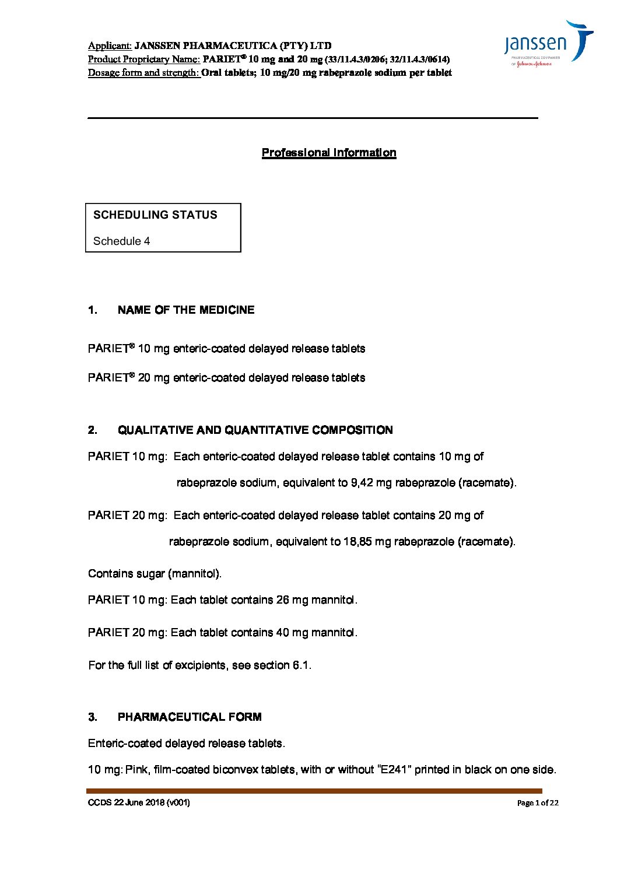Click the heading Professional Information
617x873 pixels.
pos(329,153)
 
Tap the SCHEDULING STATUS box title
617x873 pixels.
pos(155,215)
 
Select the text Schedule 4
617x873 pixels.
pos(121,241)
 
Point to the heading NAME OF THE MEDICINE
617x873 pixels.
pos(186,310)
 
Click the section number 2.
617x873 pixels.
pos(93,430)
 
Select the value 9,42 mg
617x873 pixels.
pos(369,483)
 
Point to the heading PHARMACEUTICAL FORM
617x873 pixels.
pos(190,717)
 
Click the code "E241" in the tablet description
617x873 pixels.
pos(396,770)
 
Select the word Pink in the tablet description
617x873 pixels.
pos(136,770)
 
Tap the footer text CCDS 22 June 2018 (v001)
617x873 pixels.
pos(139,802)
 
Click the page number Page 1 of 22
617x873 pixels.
pos(538,803)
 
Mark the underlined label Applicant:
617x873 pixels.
pos(110,45)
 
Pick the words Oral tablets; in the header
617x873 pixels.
pos(228,73)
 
